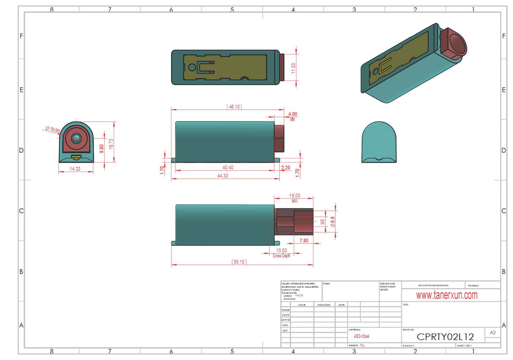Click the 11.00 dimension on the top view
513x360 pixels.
[292, 67]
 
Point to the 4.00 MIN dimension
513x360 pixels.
[292, 115]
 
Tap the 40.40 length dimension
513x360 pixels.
[228, 168]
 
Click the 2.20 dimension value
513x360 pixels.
[286, 168]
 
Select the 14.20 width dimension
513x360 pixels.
[74, 168]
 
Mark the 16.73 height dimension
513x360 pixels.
[111, 145]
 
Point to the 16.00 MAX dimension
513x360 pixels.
[295, 197]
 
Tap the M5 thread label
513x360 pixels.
[322, 221]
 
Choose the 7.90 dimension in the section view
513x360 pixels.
[303, 240]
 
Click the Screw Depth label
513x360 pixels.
[281, 255]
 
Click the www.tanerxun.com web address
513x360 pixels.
[447, 295]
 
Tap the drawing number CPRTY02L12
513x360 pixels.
[445, 336]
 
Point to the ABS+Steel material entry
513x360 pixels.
[361, 336]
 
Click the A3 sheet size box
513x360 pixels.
[493, 333]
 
